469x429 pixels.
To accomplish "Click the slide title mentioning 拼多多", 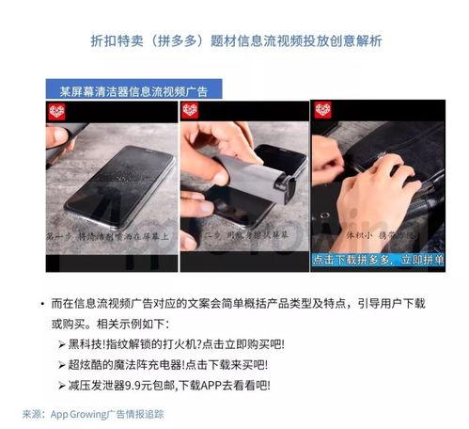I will pyautogui.click(x=235, y=41).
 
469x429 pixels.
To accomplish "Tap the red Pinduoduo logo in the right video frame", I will pyautogui.click(x=322, y=111).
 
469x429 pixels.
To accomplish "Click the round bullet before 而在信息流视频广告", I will pyautogui.click(x=42, y=303).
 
